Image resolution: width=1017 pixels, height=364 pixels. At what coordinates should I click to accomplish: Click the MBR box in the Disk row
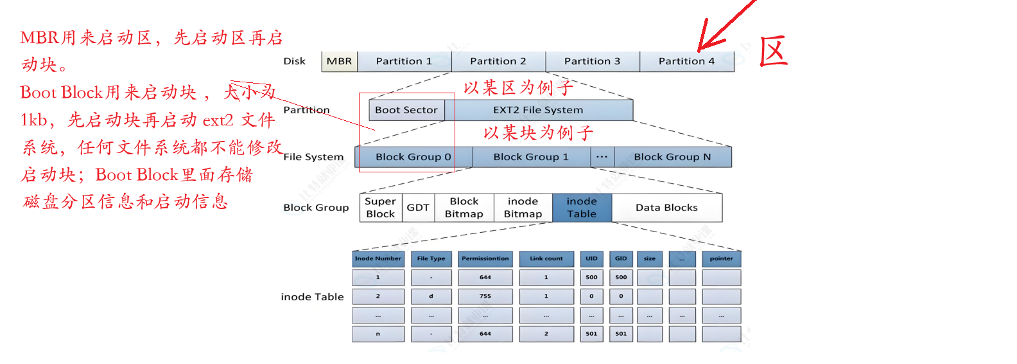tap(339, 61)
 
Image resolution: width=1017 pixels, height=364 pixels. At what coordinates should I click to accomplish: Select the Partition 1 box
tap(404, 61)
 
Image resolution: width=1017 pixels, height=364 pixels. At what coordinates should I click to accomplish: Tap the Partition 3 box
tap(592, 61)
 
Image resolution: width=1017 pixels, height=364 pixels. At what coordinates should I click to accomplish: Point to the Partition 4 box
tap(686, 61)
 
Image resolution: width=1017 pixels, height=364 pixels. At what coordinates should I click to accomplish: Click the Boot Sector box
tap(406, 110)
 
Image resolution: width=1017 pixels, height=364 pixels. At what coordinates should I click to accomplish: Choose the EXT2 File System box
tap(538, 110)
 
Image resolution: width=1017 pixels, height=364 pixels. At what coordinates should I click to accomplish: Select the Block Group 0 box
tap(413, 157)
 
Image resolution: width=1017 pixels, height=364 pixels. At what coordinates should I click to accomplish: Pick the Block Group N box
tap(672, 157)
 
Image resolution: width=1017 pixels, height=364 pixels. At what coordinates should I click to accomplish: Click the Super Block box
tap(380, 208)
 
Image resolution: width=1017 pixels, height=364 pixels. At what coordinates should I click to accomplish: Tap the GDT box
tap(418, 208)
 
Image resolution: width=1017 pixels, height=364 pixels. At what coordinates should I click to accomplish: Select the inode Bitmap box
tap(523, 208)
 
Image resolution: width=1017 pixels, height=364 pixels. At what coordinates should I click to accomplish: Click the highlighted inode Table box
tap(582, 208)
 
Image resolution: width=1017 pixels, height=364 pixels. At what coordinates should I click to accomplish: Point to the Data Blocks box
tap(666, 208)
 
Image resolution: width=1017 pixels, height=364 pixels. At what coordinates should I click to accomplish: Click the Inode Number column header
tap(378, 259)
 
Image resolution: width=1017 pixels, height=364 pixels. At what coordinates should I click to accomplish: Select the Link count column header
tap(546, 259)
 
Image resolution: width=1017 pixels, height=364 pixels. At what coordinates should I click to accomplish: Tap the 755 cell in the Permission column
tap(485, 296)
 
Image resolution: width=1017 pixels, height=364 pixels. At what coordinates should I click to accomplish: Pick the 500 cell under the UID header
tap(591, 278)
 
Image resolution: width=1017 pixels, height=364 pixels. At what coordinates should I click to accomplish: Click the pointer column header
tap(721, 259)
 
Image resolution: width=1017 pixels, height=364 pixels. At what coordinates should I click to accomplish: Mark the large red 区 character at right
tap(774, 51)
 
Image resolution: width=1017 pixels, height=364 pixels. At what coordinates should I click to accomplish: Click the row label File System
tap(313, 157)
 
